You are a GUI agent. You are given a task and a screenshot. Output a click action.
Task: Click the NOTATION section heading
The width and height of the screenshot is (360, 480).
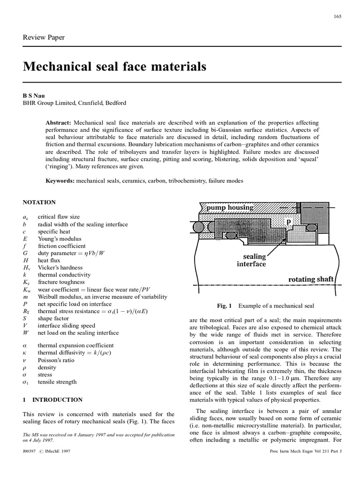click(x=39, y=202)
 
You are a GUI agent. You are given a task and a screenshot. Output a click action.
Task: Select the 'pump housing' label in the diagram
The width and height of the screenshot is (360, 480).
click(x=227, y=207)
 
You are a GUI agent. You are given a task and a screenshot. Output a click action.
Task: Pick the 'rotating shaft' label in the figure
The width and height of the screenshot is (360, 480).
click(x=311, y=279)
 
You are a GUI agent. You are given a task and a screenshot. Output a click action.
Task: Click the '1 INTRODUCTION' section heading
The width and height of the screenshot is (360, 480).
click(x=53, y=400)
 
